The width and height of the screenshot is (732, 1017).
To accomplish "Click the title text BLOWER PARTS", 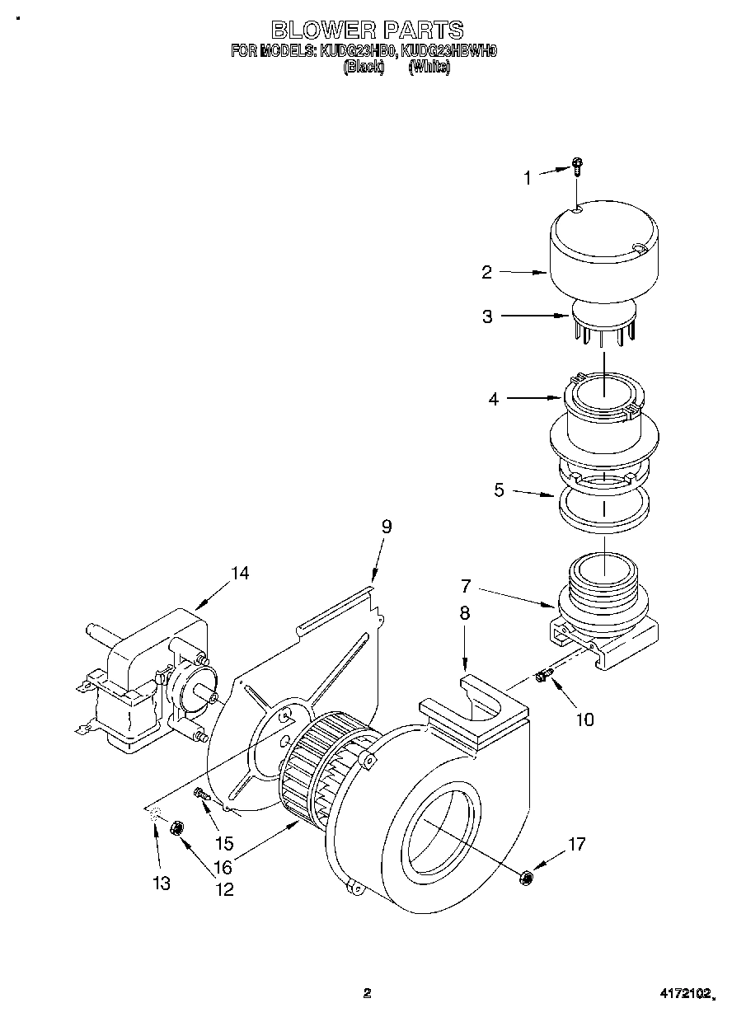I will [x=367, y=30].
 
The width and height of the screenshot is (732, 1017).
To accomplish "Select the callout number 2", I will [x=487, y=271].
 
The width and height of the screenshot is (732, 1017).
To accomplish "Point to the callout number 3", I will [x=487, y=316].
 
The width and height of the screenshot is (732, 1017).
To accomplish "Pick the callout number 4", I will [x=494, y=399].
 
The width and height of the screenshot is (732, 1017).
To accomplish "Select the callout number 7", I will [x=466, y=587].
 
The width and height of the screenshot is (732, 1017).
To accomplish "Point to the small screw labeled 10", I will [x=542, y=677].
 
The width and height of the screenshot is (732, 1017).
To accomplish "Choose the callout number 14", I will [x=239, y=573].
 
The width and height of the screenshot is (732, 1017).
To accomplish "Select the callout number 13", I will [x=162, y=883].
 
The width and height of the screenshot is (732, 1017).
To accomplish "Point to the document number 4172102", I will [x=683, y=994].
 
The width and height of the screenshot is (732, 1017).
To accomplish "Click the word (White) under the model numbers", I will [x=429, y=68].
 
